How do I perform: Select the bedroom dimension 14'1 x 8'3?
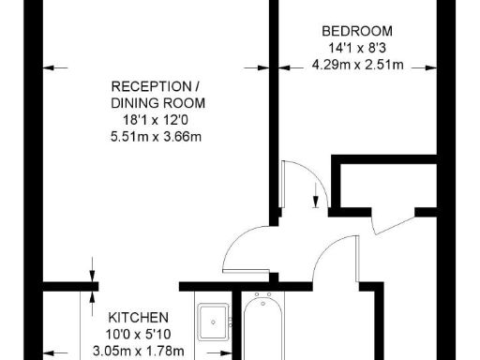tap(355, 48)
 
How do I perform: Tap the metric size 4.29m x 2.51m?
tap(357, 65)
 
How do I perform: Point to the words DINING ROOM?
tap(158, 102)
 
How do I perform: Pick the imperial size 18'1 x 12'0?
tap(157, 120)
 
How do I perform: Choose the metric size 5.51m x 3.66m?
tap(157, 137)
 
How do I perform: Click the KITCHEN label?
tap(138, 317)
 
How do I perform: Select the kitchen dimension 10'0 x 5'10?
tap(138, 335)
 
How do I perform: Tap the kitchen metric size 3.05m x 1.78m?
tap(138, 352)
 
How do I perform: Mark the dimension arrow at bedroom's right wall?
tap(429, 67)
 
